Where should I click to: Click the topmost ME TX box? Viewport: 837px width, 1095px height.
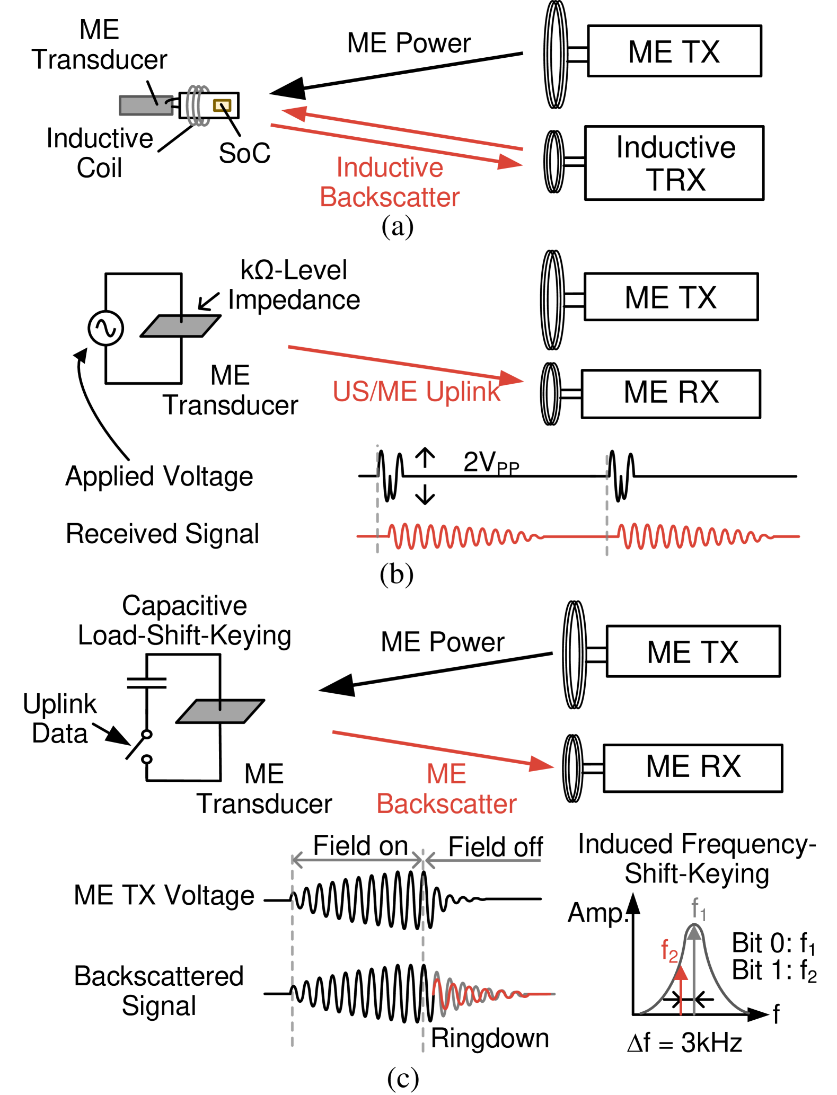pyautogui.click(x=674, y=51)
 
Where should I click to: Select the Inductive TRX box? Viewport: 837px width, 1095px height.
pyautogui.click(x=674, y=163)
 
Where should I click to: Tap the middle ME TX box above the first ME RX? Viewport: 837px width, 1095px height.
pyautogui.click(x=671, y=297)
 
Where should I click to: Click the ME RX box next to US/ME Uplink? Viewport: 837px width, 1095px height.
pyautogui.click(x=671, y=393)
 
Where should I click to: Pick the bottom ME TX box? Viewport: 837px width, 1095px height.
pyautogui.click(x=693, y=651)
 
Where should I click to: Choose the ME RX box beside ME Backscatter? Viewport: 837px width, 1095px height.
pyautogui.click(x=693, y=767)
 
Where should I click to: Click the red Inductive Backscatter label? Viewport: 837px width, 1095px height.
pyautogui.click(x=390, y=182)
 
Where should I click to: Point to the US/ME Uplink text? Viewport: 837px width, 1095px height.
pyautogui.click(x=416, y=392)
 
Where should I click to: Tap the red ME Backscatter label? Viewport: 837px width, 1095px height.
pyautogui.click(x=446, y=789)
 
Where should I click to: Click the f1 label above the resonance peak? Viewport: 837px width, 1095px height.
pyautogui.click(x=698, y=908)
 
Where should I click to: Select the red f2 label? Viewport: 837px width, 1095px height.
pyautogui.click(x=669, y=950)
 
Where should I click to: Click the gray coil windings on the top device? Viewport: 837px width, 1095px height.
pyautogui.click(x=197, y=105)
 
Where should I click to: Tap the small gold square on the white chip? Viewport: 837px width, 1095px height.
pyautogui.click(x=222, y=105)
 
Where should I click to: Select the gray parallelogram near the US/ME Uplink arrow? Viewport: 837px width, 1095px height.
pyautogui.click(x=181, y=326)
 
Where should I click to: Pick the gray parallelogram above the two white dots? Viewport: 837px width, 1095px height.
pyautogui.click(x=220, y=711)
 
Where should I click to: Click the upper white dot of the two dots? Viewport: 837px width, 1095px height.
pyautogui.click(x=147, y=734)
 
